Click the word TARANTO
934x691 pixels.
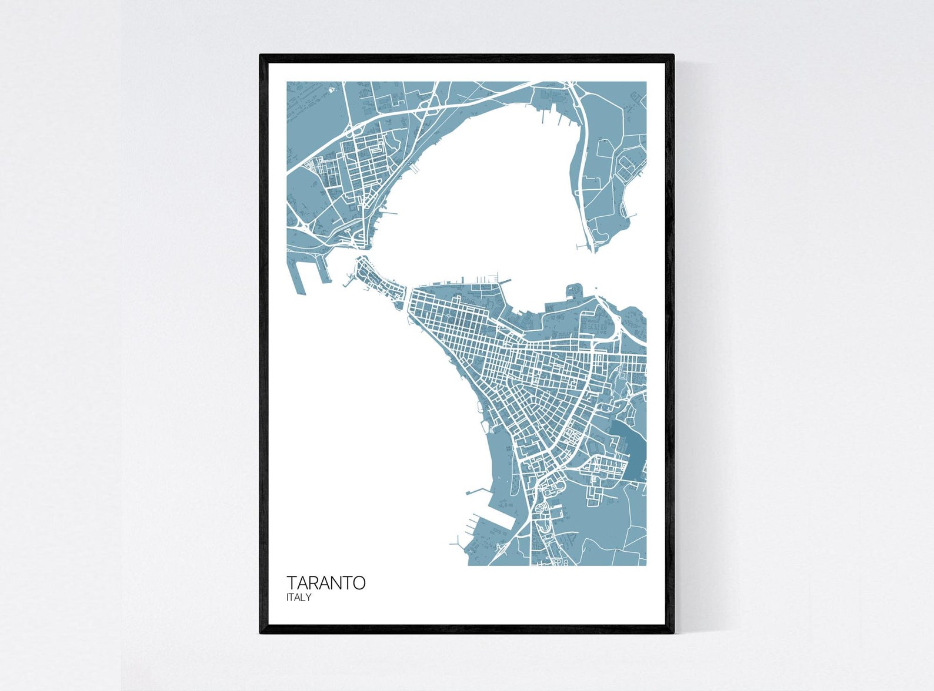tap(326, 583)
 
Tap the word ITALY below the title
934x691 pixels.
tap(299, 598)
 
